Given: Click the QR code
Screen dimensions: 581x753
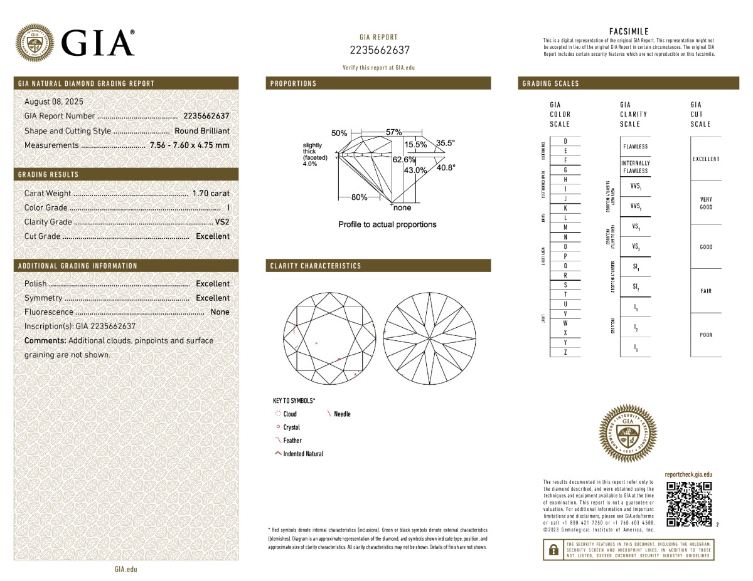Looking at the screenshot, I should pyautogui.click(x=689, y=504).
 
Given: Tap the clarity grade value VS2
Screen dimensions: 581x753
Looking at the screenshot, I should pyautogui.click(x=222, y=222).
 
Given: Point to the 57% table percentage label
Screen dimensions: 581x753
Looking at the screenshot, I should pyautogui.click(x=393, y=132).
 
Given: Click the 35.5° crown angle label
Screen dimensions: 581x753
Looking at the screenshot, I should pyautogui.click(x=445, y=143).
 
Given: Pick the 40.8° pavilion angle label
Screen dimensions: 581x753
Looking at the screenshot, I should pyautogui.click(x=446, y=167).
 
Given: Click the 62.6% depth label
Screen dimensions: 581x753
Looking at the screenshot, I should pyautogui.click(x=404, y=160).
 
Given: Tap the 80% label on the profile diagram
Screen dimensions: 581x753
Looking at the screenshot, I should pyautogui.click(x=359, y=197).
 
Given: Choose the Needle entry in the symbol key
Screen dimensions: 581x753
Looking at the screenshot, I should pyautogui.click(x=342, y=414).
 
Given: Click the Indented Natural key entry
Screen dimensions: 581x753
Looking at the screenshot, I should pyautogui.click(x=302, y=454).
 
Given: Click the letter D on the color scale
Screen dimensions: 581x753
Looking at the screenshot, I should pyautogui.click(x=565, y=141).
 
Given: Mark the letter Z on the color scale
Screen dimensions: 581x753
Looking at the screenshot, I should pyautogui.click(x=565, y=352).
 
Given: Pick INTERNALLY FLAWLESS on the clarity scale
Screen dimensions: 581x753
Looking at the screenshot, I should pyautogui.click(x=635, y=167).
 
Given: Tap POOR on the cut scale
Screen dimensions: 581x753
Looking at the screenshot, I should pyautogui.click(x=706, y=335).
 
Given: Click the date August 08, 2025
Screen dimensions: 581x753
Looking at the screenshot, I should pyautogui.click(x=53, y=102).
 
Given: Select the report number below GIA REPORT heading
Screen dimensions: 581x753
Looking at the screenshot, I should pyautogui.click(x=379, y=50).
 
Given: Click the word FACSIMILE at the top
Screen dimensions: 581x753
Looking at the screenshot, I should pyautogui.click(x=629, y=31).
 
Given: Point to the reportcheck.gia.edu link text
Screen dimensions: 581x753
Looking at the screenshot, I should pyautogui.click(x=688, y=475).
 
